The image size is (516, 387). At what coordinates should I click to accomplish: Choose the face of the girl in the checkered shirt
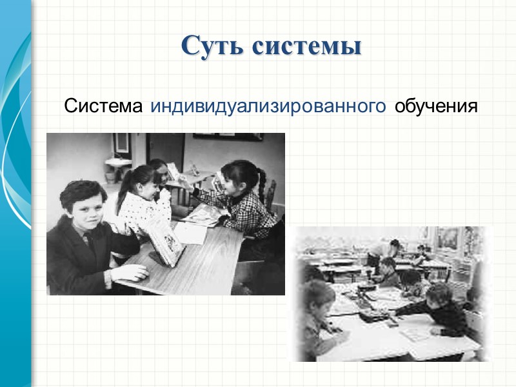click(x=233, y=177)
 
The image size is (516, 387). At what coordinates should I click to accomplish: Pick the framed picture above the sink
click(x=120, y=142)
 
